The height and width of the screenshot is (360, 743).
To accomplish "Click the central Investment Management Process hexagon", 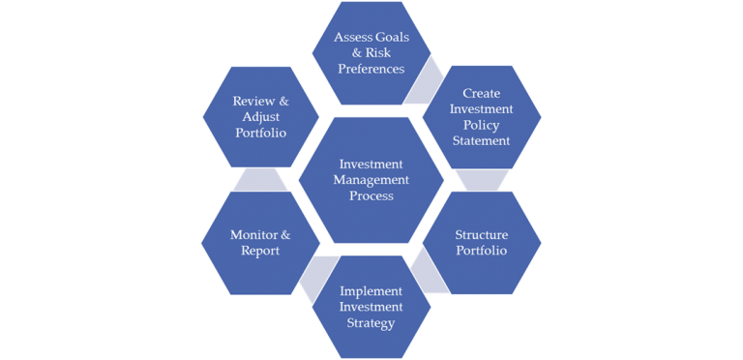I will point(371,180).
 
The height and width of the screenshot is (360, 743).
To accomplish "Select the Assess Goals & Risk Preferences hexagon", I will point(371,53).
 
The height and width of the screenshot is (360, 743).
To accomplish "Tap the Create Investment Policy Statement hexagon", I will point(482,117).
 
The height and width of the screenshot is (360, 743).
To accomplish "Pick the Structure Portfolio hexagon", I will point(482,243).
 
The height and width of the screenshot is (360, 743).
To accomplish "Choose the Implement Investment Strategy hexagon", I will point(371,306).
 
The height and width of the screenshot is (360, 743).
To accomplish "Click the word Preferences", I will point(371,70).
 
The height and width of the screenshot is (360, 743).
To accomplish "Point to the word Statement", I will point(482,141).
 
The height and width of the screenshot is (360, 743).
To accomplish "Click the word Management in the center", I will point(371,180).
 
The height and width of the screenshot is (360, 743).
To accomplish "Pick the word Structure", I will point(482,234).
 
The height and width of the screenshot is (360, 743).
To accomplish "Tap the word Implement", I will point(371,289).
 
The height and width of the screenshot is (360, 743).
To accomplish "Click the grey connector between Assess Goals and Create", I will point(422,84).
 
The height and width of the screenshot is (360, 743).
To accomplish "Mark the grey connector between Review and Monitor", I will point(260,179).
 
